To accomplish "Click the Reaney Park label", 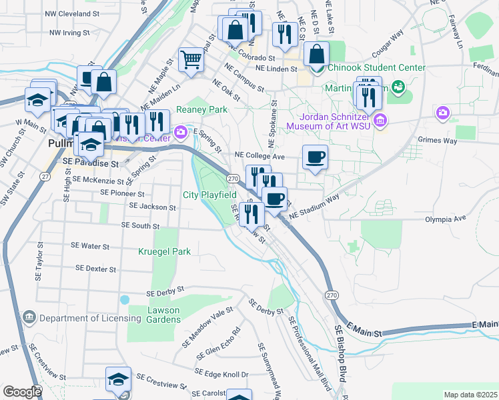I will pyautogui.click(x=201, y=109).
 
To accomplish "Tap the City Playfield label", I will pyautogui.click(x=209, y=195).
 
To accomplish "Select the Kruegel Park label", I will pyautogui.click(x=164, y=251).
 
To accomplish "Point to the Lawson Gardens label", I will pyautogui.click(x=153, y=314).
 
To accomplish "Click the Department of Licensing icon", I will pyautogui.click(x=29, y=316).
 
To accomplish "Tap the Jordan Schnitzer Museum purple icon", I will pyautogui.click(x=380, y=120).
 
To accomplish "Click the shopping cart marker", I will pyautogui.click(x=191, y=60).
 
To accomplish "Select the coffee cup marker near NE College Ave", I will pyautogui.click(x=315, y=158).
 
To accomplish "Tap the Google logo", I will pyautogui.click(x=22, y=392).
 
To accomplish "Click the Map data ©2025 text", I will pyautogui.click(x=470, y=395).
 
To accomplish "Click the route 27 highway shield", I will pyautogui.click(x=44, y=176).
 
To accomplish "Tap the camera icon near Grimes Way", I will pyautogui.click(x=443, y=113).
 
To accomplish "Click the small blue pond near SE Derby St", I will pyautogui.click(x=125, y=300).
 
